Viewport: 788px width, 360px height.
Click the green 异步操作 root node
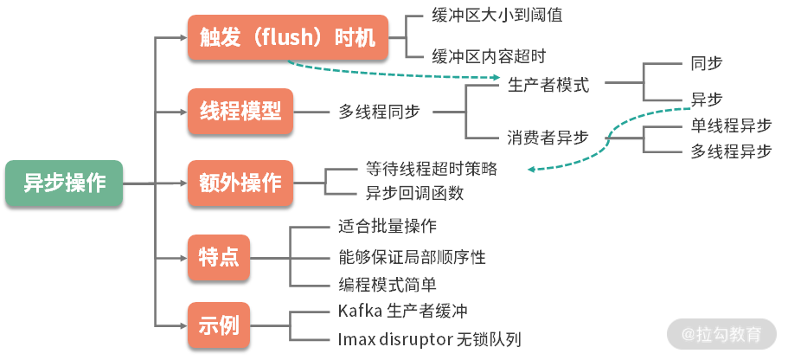[64, 183]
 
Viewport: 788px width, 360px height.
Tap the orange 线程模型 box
[240, 111]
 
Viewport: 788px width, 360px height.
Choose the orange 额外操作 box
[240, 183]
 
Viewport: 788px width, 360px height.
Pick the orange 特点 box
[219, 257]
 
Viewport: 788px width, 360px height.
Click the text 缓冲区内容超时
[489, 57]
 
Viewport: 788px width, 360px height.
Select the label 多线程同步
[380, 112]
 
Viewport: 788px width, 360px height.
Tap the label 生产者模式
[548, 85]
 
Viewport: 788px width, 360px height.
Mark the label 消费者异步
[548, 137]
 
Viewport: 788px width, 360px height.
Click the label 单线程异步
[731, 125]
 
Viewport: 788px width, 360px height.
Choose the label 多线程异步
[731, 151]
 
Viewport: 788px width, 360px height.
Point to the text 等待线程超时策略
[432, 168]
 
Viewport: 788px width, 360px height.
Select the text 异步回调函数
[414, 192]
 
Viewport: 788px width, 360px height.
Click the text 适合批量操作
[388, 228]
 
